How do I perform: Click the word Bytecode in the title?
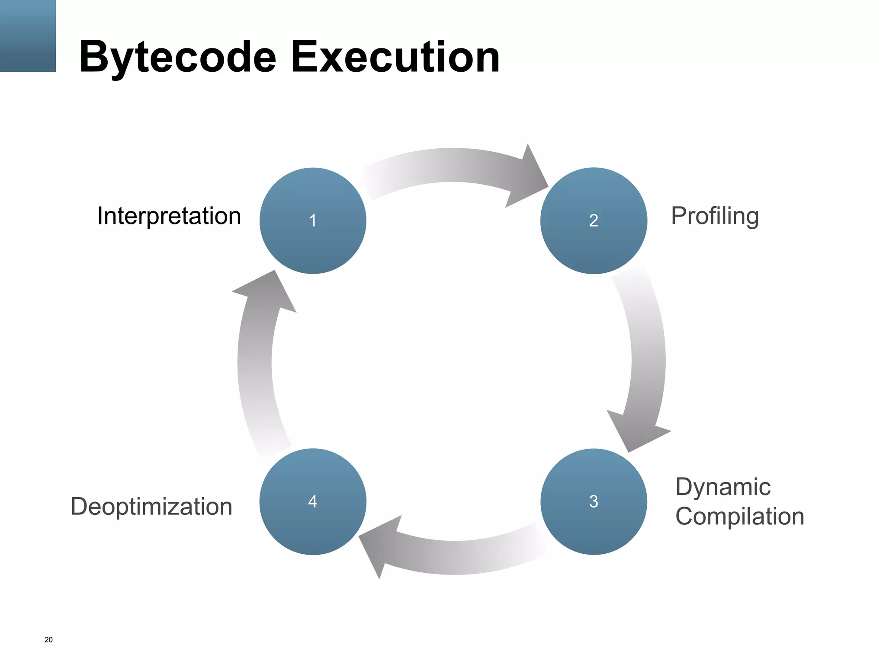coord(177,57)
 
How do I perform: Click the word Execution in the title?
coord(395,57)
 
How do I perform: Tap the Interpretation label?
coord(169,216)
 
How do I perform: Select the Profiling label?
coord(715,216)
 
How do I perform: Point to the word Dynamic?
coord(723,487)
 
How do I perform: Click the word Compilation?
coord(739,516)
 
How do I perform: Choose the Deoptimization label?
coord(151,506)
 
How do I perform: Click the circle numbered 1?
coord(313,220)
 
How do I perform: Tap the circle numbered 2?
coord(594,220)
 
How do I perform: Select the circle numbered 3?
coord(594,501)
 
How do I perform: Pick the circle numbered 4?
coord(313,501)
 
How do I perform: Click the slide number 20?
coord(48,640)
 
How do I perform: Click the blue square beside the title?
coord(28,36)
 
